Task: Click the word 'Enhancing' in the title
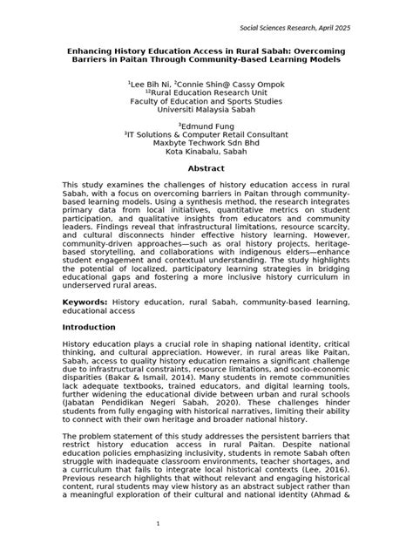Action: [x=94, y=51]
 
